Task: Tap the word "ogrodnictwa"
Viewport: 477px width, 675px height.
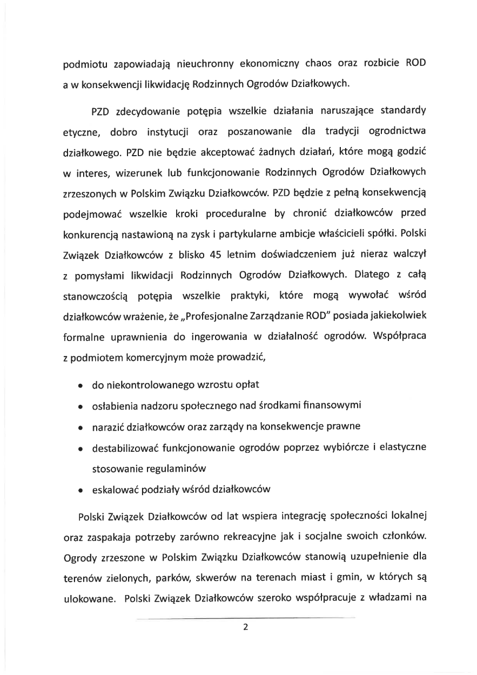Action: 395,133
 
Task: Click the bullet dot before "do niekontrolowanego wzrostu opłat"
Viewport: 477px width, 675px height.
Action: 80,386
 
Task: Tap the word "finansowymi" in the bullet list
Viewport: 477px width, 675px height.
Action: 330,405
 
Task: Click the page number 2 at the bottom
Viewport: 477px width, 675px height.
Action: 245,627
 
